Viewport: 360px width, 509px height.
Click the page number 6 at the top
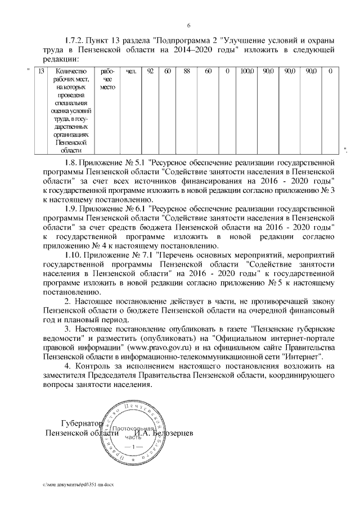(x=188, y=25)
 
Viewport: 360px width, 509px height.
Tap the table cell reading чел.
(x=131, y=72)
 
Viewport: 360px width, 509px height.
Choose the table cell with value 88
(x=187, y=72)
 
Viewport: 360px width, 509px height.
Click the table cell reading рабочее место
(x=107, y=80)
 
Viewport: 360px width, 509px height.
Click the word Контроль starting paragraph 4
(x=92, y=367)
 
